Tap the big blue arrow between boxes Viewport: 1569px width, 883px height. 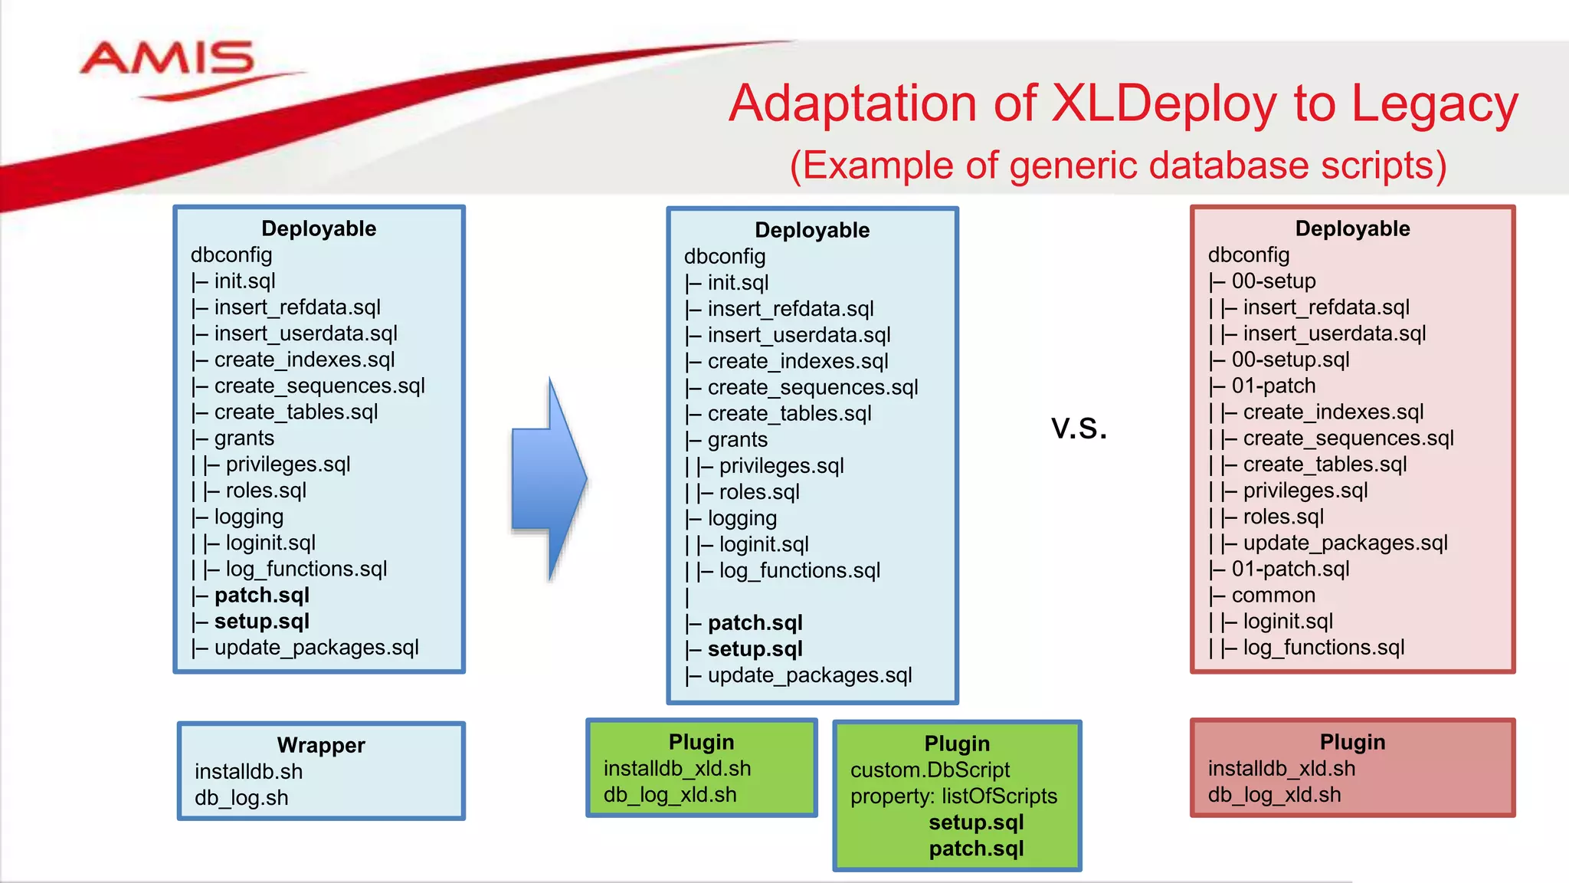click(549, 479)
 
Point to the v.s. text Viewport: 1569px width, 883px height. click(1079, 428)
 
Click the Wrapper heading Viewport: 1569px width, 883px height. click(321, 745)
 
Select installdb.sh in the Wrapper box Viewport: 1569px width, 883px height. click(248, 771)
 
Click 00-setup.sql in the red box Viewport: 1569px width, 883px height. click(1290, 359)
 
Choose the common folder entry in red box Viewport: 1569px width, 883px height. click(1273, 595)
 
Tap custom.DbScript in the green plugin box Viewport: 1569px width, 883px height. click(930, 770)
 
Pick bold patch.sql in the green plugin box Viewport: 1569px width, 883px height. click(976, 849)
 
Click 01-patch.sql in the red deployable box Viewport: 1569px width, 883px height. click(1290, 569)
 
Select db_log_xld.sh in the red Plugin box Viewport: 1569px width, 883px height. click(1274, 795)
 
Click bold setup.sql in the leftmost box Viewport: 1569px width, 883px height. click(261, 621)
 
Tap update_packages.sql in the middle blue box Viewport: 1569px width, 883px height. click(809, 675)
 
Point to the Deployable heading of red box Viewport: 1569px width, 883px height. click(1352, 228)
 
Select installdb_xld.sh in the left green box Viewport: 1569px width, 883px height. click(677, 768)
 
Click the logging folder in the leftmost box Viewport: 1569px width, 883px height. click(248, 517)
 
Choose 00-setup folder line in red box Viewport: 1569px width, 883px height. click(1273, 281)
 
